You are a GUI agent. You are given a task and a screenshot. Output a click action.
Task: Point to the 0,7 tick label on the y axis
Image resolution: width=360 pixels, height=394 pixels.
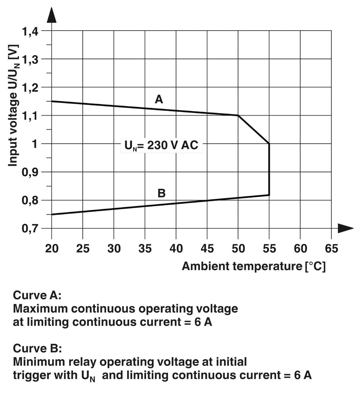click(30, 228)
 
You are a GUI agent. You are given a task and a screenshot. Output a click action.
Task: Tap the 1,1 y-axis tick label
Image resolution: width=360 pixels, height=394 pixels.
click(30, 116)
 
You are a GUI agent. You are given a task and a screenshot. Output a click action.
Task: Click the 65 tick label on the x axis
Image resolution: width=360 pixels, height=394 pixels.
click(331, 249)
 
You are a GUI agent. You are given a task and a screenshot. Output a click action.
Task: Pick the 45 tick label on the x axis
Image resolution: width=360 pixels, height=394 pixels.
click(207, 249)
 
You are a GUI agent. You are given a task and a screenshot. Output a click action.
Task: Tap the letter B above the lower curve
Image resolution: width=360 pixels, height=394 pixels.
click(162, 193)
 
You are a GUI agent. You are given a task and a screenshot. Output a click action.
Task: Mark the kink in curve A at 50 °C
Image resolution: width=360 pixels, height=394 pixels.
click(238, 115)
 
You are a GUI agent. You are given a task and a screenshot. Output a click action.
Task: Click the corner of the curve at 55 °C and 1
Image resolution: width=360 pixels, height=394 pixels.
click(269, 144)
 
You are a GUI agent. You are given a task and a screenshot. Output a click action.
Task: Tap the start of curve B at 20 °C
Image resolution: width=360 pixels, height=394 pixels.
click(52, 214)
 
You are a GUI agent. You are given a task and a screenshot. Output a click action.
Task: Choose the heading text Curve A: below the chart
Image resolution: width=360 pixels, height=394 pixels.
click(37, 296)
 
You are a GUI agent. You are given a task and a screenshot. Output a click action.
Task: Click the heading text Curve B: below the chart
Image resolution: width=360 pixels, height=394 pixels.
click(37, 348)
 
